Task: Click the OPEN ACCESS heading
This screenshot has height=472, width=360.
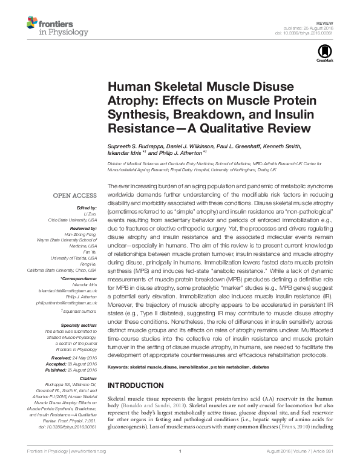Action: [x=74, y=195]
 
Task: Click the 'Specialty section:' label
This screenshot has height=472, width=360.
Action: [x=79, y=326]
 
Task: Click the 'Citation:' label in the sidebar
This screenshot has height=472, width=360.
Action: [x=86, y=379]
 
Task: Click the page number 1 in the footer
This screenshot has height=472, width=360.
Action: [x=180, y=467]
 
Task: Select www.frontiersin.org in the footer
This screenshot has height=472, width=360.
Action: [x=88, y=467]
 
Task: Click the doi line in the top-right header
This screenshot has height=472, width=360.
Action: [x=306, y=32]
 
